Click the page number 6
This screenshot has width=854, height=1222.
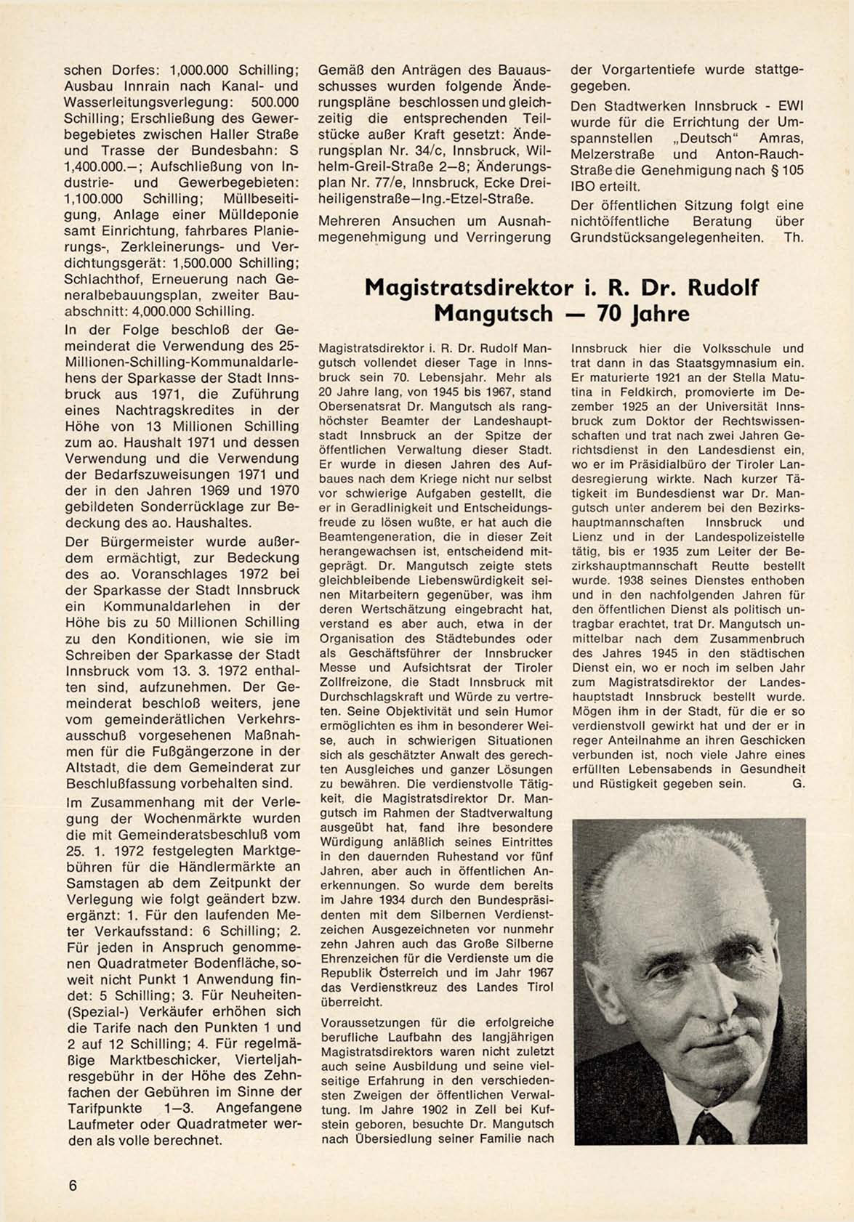tap(73, 1185)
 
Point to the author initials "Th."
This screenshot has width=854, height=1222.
tap(794, 237)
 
